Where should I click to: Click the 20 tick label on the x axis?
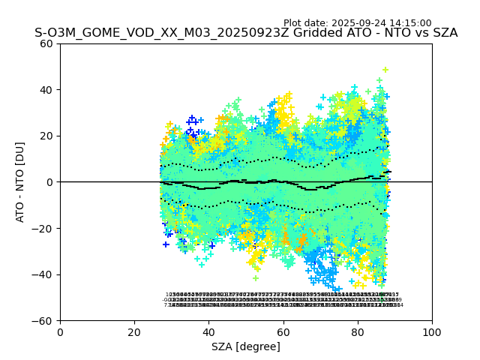(x=134, y=332)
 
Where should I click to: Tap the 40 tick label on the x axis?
(x=208, y=332)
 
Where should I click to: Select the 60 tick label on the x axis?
(x=283, y=332)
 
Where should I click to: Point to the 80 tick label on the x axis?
(x=357, y=332)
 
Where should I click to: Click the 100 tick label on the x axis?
(x=432, y=332)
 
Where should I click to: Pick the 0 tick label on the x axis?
(x=60, y=332)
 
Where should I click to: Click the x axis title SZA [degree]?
(x=246, y=346)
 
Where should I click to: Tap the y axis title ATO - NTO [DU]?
(x=21, y=182)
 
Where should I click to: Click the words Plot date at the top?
(x=304, y=23)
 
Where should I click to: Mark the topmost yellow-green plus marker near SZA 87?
(x=385, y=70)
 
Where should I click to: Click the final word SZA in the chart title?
(x=443, y=33)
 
